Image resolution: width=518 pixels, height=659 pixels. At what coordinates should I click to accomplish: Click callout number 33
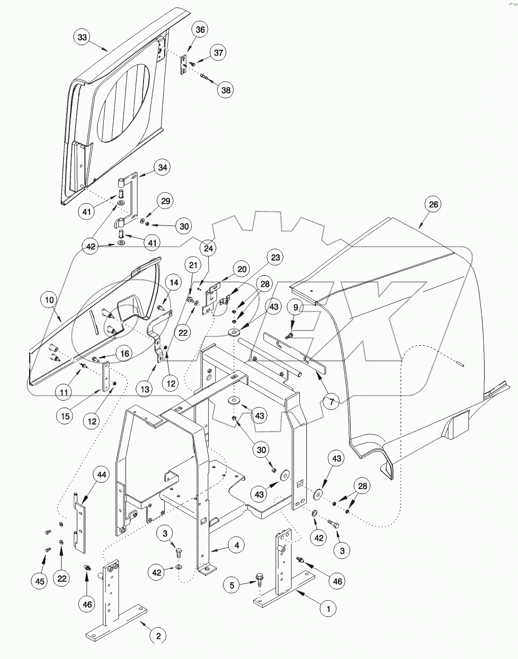82,38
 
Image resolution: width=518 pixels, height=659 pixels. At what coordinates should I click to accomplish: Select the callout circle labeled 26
433,204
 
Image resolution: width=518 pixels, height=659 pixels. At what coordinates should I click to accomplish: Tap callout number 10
49,300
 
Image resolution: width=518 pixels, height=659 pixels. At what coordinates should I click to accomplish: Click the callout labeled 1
328,609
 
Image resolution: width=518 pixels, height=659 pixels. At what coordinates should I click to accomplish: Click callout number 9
296,307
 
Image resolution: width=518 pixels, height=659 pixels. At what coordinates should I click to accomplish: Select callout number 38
226,90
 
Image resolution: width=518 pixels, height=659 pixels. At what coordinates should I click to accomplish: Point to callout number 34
162,168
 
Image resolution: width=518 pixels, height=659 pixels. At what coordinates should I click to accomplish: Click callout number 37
218,52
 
